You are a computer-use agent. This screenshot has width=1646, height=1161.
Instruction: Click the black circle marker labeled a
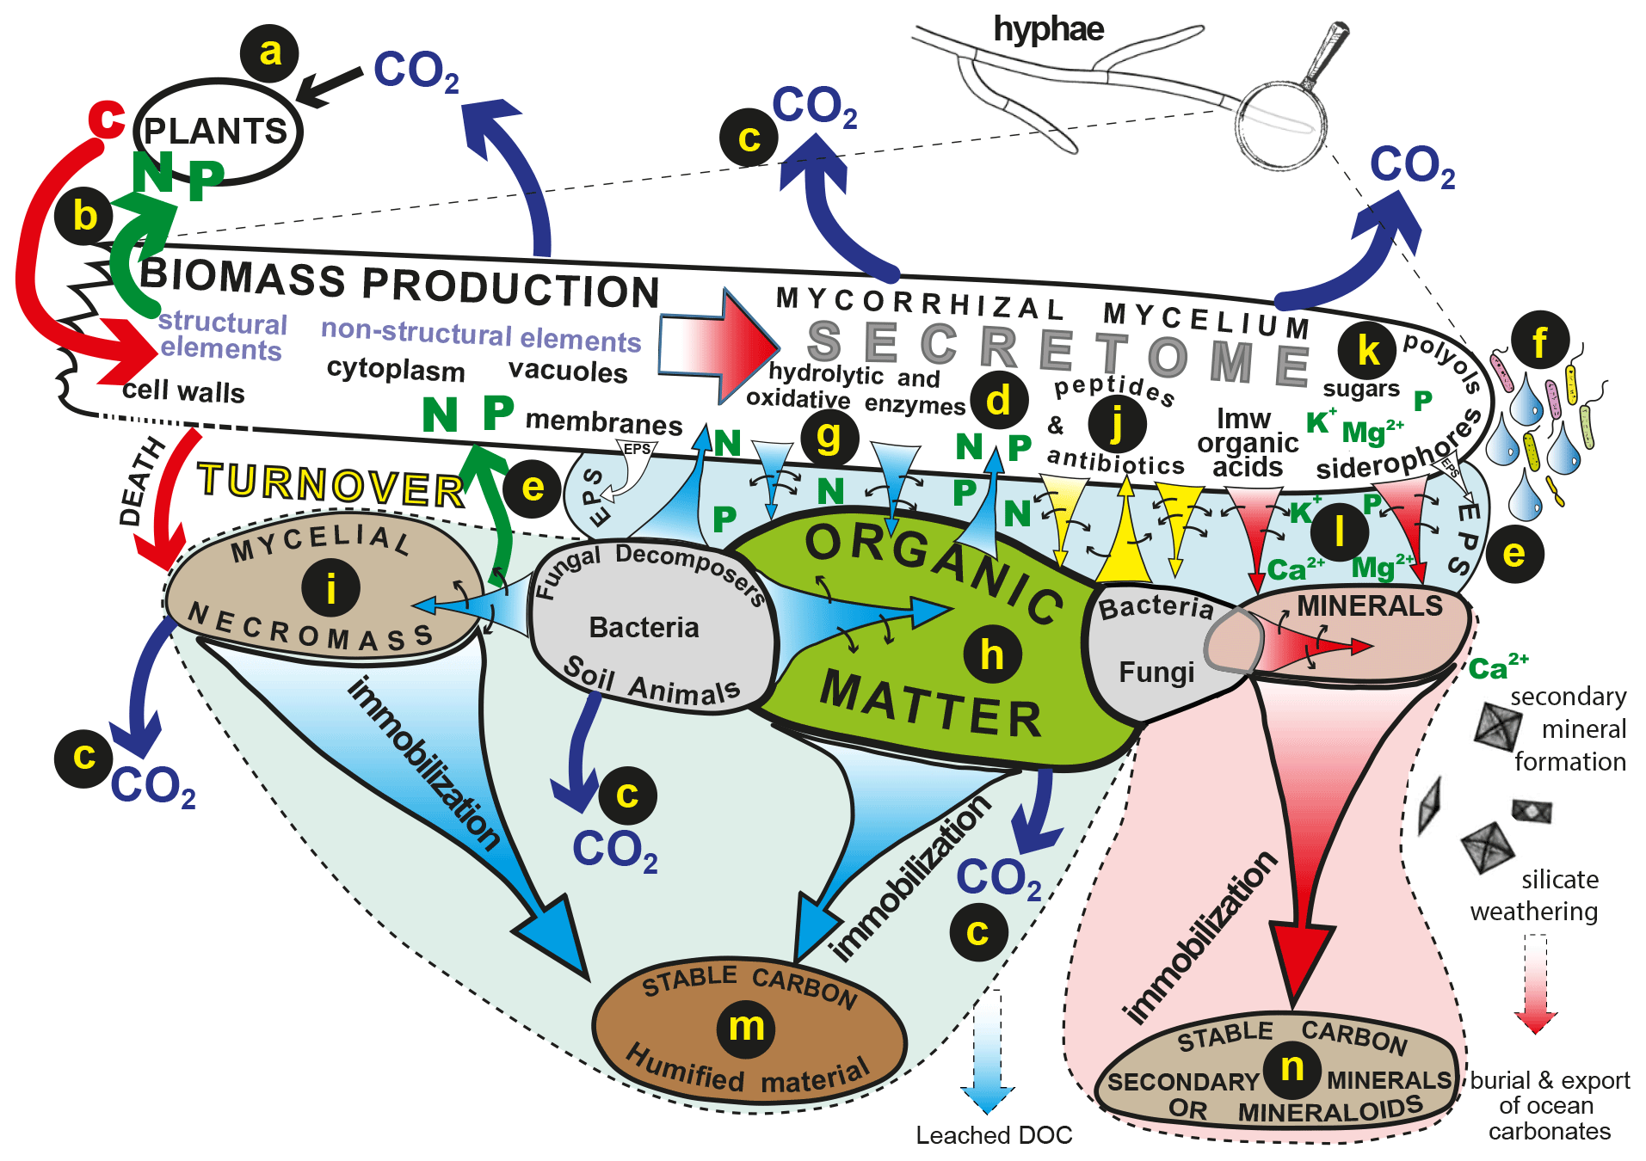pyautogui.click(x=269, y=53)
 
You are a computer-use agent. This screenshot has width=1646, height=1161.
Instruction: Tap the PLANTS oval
pyautogui.click(x=217, y=132)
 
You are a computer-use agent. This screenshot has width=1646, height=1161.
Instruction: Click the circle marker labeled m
pyautogui.click(x=746, y=1027)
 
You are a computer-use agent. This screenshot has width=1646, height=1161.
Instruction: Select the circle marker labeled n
pyautogui.click(x=1292, y=1068)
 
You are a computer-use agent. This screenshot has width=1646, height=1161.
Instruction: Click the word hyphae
pyautogui.click(x=1048, y=29)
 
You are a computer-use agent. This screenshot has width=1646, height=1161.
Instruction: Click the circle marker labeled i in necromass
pyautogui.click(x=331, y=589)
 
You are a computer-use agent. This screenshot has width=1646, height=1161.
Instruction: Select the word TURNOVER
pyautogui.click(x=330, y=485)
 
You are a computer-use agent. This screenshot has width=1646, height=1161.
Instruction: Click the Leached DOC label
pyautogui.click(x=994, y=1135)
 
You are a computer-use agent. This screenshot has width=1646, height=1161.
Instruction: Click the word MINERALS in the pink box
pyautogui.click(x=1369, y=606)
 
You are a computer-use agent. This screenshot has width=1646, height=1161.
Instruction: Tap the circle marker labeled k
pyautogui.click(x=1367, y=350)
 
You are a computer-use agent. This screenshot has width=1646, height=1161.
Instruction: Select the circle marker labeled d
pyautogui.click(x=998, y=401)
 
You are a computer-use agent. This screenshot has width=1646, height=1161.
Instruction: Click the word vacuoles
pyautogui.click(x=568, y=372)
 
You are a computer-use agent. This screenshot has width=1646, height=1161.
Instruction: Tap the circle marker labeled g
pyautogui.click(x=829, y=437)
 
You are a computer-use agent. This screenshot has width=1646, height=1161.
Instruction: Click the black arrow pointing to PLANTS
pyautogui.click(x=330, y=86)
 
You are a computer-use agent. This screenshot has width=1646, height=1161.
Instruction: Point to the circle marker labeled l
pyautogui.click(x=1339, y=532)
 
